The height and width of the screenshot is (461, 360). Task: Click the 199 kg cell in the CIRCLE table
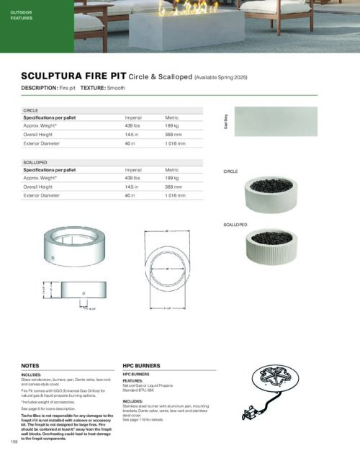click(172, 125)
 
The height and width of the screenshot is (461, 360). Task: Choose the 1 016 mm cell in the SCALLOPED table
click(176, 195)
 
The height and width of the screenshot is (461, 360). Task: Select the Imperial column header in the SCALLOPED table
click(133, 170)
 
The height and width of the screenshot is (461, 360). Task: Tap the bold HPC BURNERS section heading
click(141, 365)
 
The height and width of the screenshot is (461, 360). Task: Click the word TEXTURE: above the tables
click(93, 88)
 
